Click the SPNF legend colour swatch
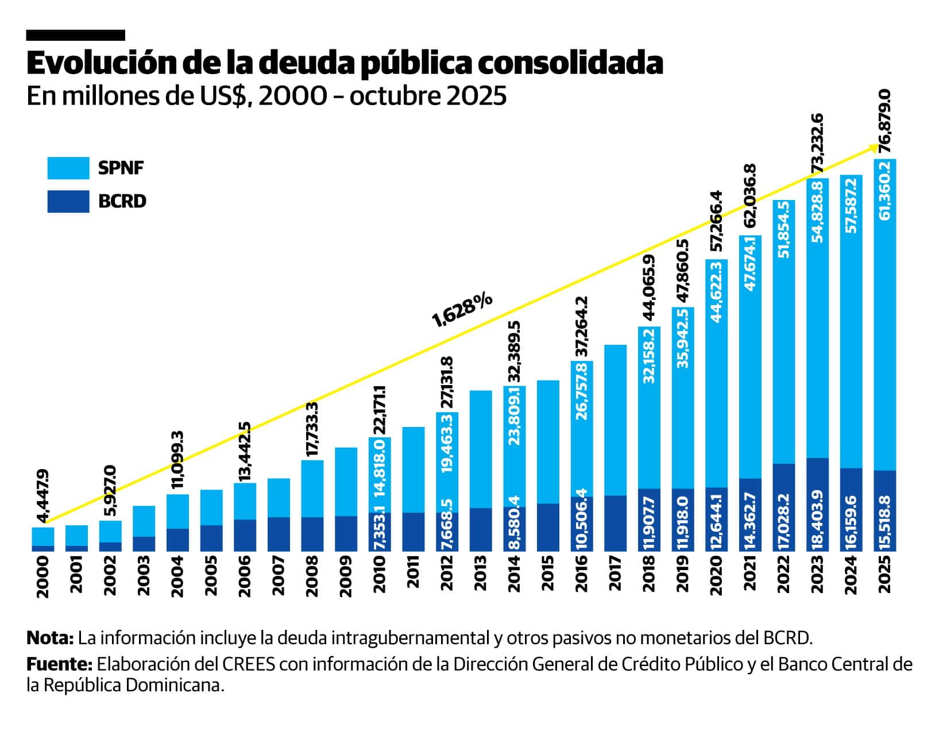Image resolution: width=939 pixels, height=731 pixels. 68,168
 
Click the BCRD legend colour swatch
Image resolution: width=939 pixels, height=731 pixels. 68,201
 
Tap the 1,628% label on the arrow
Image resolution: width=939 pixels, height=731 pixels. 462,309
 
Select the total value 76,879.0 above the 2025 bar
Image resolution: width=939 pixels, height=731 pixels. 885,121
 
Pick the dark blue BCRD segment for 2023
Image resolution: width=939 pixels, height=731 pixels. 817,504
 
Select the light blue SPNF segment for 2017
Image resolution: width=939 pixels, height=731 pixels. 615,420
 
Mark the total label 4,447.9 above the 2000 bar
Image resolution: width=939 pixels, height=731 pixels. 42,496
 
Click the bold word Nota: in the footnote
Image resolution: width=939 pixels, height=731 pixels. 50,638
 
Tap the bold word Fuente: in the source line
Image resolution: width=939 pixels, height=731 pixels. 59,664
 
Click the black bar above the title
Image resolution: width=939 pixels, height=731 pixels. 75,36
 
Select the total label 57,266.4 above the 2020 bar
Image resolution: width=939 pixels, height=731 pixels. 716,222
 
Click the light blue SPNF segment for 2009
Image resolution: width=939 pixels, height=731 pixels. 346,482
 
